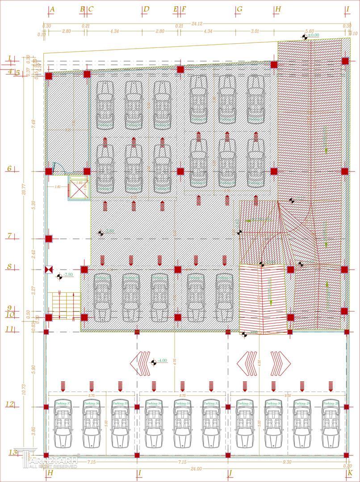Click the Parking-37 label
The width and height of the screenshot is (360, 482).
tap(63, 403)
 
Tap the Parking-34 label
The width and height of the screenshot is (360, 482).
tap(154, 403)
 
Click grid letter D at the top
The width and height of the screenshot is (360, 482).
tap(147, 9)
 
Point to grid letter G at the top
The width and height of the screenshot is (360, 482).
tap(239, 9)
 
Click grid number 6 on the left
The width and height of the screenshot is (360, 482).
tap(9, 169)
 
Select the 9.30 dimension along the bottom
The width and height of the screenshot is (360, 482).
tap(287, 462)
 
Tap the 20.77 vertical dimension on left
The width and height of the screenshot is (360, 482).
tap(23, 189)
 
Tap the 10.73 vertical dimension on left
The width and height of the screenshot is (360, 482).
tap(23, 389)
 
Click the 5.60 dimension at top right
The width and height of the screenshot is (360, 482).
tap(310, 31)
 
